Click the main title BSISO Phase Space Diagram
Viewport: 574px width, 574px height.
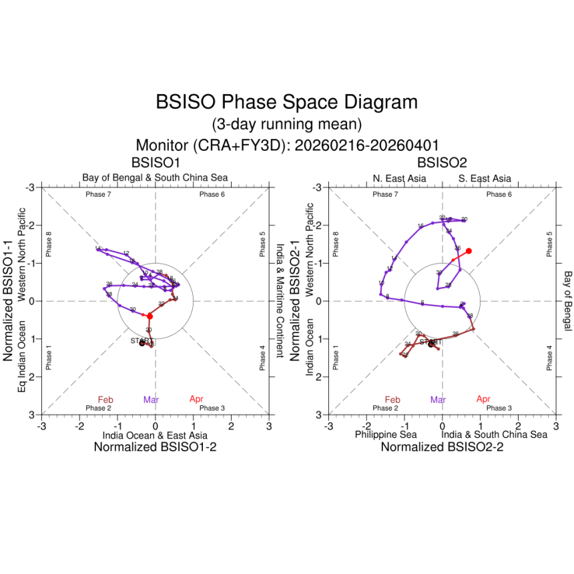(x=286, y=102)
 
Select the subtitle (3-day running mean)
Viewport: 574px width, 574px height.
(x=286, y=124)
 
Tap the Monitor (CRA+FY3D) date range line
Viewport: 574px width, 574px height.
(x=286, y=145)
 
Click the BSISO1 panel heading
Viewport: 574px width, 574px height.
(x=155, y=162)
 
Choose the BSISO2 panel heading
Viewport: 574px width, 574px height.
(x=442, y=162)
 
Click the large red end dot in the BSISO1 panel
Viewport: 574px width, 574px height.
(x=150, y=316)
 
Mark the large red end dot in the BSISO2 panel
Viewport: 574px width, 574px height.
(x=469, y=251)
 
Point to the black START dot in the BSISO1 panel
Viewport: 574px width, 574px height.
(x=141, y=343)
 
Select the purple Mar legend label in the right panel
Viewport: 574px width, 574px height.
(x=438, y=400)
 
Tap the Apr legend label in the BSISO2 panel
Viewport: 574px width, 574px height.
(x=484, y=399)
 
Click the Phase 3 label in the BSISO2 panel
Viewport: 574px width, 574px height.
(x=499, y=408)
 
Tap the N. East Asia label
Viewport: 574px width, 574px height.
(x=398, y=178)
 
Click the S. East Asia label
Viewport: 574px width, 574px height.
(x=485, y=178)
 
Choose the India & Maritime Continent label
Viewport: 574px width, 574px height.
(x=280, y=300)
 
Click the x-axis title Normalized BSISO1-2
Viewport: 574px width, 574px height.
(x=155, y=448)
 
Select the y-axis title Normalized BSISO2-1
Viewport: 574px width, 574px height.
(x=294, y=301)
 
